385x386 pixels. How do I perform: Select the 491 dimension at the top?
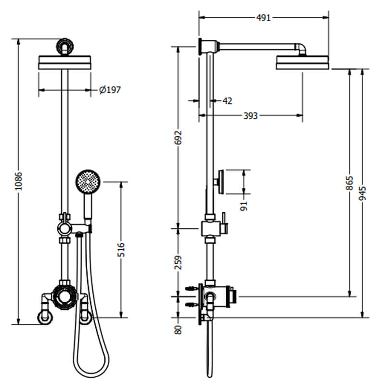click(x=263, y=18)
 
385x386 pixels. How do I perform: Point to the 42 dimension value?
click(x=228, y=101)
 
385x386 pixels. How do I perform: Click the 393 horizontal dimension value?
click(x=250, y=116)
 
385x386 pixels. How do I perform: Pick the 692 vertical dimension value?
click(x=179, y=138)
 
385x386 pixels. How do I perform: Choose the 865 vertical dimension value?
click(x=350, y=183)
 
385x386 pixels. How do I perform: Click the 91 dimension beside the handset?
click(x=244, y=206)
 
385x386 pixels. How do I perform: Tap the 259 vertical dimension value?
click(x=179, y=262)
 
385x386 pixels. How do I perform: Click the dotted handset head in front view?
click(x=88, y=182)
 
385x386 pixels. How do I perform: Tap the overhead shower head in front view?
click(x=64, y=63)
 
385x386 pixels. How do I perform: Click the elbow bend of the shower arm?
click(x=300, y=48)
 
